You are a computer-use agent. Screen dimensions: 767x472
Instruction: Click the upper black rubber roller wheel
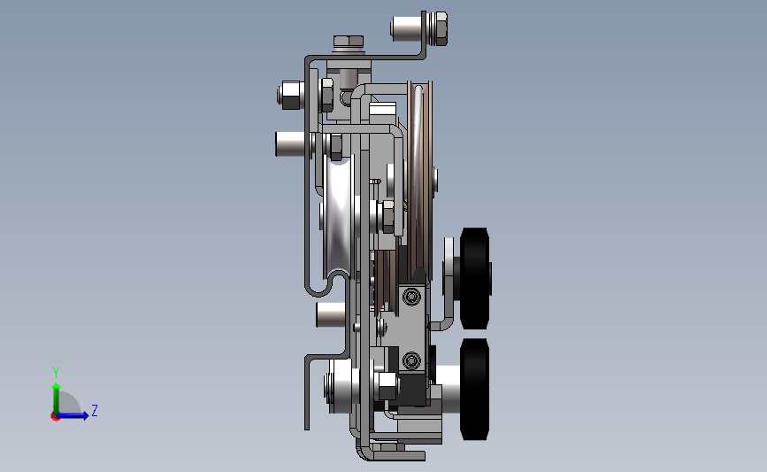[x=475, y=278]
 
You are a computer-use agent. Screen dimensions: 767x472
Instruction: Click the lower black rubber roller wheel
[x=475, y=389]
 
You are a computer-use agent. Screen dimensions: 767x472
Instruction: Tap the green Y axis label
[x=56, y=373]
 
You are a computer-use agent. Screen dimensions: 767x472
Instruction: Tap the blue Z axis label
[x=95, y=410]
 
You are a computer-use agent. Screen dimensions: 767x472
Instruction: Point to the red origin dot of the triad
[x=55, y=417]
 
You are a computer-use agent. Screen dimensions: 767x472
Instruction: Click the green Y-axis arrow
[x=57, y=398]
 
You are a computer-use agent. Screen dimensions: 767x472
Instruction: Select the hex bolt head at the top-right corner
[x=441, y=29]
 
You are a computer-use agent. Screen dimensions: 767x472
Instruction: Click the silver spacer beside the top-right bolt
[x=406, y=28]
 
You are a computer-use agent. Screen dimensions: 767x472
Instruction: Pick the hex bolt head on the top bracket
[x=349, y=41]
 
